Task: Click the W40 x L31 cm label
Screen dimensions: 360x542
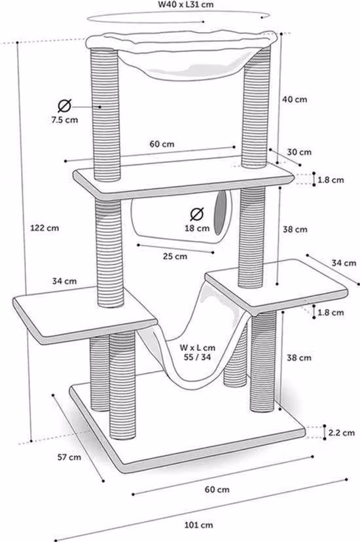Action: tap(185, 5)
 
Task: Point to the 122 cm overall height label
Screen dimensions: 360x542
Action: tap(45, 228)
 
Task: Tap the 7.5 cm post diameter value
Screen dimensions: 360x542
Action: tap(65, 120)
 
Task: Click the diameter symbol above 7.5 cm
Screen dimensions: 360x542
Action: tap(65, 106)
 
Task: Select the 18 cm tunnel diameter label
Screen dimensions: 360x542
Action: tap(197, 228)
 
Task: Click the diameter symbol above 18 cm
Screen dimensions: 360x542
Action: tap(197, 214)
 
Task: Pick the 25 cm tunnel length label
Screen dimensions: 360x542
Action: tap(175, 257)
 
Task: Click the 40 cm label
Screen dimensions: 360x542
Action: tap(295, 99)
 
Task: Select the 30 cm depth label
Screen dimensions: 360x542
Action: tap(299, 152)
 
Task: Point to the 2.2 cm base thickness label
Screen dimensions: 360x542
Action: tap(341, 433)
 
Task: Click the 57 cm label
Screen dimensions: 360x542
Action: tap(69, 458)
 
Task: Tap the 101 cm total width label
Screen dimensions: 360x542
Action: tap(198, 525)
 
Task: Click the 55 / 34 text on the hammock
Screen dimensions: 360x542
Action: tap(197, 357)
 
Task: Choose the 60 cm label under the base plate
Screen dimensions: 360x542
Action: tap(217, 490)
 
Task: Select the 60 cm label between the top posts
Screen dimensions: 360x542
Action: tap(162, 144)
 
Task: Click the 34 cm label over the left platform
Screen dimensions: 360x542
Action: tap(65, 281)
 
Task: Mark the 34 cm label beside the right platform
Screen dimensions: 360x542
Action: tap(344, 263)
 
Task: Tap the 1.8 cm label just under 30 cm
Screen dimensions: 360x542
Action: tap(331, 180)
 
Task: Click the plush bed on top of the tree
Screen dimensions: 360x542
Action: tap(182, 52)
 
